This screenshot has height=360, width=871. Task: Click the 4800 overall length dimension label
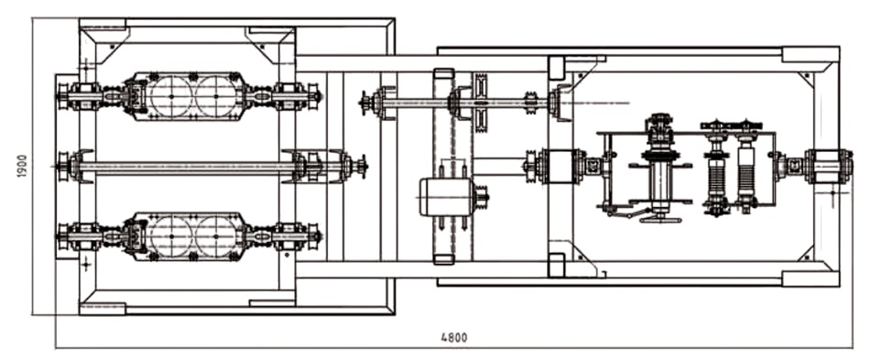454,338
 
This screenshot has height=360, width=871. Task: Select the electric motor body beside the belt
445,197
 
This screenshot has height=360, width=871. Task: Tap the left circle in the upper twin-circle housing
171,96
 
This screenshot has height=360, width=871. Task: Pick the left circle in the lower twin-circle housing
171,236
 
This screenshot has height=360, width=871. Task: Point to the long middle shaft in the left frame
188,166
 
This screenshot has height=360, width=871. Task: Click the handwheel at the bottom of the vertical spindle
660,220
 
